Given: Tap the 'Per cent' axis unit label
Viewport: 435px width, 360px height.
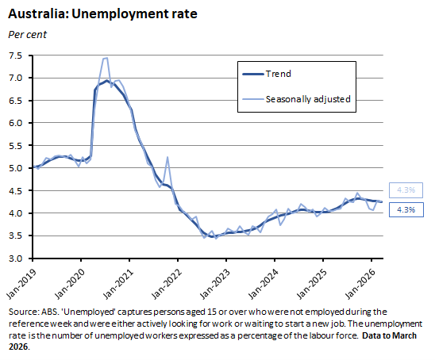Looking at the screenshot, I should [26, 34].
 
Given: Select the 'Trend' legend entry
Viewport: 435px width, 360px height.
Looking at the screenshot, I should [279, 74].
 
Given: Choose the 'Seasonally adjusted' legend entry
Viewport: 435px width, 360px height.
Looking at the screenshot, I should [309, 99].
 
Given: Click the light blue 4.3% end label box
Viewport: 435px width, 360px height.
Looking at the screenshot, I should [406, 190].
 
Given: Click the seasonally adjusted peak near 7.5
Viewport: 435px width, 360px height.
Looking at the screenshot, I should [105, 58].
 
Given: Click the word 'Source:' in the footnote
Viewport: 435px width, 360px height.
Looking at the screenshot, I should [23, 312].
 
